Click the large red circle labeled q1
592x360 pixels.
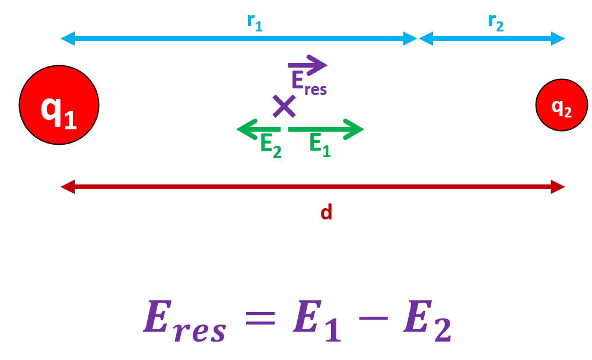(59, 106)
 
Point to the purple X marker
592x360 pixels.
(284, 106)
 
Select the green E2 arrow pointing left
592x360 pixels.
(259, 129)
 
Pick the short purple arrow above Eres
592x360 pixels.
(307, 65)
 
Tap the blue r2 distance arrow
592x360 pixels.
(492, 39)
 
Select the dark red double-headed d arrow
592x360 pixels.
(313, 187)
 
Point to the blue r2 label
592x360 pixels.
(496, 22)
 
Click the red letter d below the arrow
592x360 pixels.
(326, 212)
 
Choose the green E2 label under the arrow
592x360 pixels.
(271, 145)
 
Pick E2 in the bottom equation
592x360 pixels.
(428, 321)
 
